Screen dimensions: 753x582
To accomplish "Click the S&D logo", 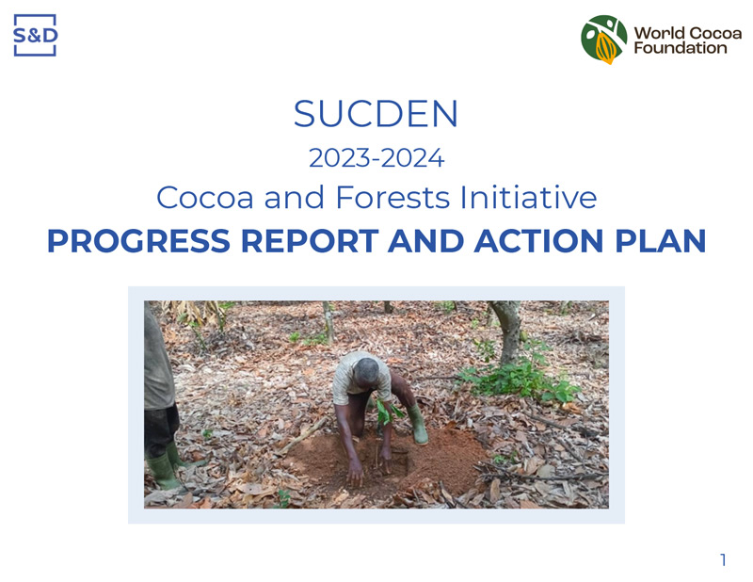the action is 35,35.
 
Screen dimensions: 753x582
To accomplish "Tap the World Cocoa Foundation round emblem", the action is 603,40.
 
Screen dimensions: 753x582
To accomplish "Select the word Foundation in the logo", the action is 680,48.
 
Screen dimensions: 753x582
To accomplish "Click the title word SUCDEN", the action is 376,114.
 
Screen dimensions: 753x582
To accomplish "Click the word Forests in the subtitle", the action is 393,197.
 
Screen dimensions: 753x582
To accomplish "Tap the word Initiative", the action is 528,197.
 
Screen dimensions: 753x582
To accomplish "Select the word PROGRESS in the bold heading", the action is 138,241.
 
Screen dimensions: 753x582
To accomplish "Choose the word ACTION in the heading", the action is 538,241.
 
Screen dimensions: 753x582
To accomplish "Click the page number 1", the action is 723,560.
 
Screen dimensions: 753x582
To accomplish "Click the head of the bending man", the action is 366,371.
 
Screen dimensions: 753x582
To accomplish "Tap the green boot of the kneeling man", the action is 417,424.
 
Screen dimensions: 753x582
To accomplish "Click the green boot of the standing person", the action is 162,471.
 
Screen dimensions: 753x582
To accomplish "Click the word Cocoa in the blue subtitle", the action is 205,197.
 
